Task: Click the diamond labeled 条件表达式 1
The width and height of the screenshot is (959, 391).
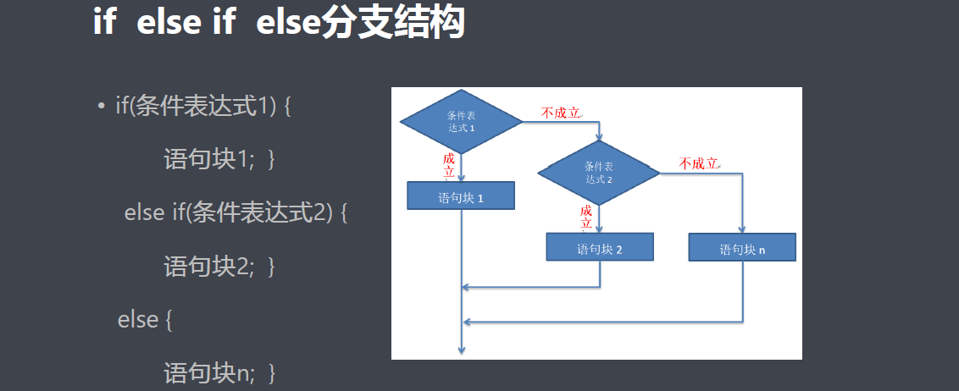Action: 461,122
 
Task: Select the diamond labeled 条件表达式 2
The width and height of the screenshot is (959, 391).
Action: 599,173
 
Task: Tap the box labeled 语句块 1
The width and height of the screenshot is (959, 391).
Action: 461,197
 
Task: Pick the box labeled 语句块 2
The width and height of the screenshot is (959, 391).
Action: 600,249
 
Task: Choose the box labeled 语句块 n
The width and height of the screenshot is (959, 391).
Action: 742,249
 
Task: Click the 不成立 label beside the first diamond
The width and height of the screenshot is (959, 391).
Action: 561,113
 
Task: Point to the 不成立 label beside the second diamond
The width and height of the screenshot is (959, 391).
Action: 699,163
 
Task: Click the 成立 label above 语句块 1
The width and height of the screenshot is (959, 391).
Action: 449,165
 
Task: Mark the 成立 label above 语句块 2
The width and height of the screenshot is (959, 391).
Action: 586,217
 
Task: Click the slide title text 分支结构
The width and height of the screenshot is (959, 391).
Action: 394,24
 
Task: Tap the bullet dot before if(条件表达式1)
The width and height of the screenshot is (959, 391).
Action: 101,107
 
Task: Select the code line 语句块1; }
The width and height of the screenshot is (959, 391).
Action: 219,159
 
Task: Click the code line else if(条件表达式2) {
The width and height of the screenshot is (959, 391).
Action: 236,212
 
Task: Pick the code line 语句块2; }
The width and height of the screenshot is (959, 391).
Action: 219,266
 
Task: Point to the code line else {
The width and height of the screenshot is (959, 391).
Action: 145,319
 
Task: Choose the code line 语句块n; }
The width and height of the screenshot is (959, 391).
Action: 219,372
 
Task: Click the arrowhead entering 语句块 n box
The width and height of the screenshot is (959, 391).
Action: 743,229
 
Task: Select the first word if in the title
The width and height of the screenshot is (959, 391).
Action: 103,24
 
